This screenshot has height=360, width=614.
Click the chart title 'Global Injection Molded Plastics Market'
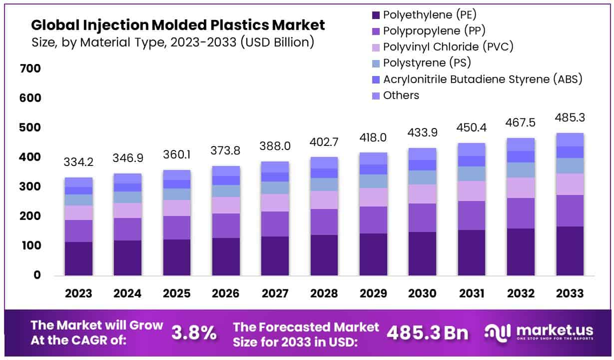(x=178, y=25)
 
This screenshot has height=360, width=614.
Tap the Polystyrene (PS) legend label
(x=427, y=63)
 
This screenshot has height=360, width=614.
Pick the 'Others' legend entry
(x=401, y=95)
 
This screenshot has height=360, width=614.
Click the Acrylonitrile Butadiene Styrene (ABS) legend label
(x=483, y=79)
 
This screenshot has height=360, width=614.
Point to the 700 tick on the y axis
(x=30, y=68)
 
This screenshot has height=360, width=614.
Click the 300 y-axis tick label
(x=30, y=187)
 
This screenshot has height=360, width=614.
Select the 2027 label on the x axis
(x=275, y=293)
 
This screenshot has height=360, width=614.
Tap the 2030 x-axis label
(x=422, y=293)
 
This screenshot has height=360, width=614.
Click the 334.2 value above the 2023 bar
(x=78, y=162)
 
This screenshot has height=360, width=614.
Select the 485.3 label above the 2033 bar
(x=570, y=118)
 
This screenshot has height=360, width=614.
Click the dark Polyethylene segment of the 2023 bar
(x=78, y=258)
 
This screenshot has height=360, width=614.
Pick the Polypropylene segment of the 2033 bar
(x=570, y=210)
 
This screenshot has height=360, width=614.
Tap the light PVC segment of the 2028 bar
(x=324, y=199)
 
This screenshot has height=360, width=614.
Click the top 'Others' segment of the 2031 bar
(x=472, y=149)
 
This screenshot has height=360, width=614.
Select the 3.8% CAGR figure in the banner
(x=194, y=332)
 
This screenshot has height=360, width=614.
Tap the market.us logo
(x=540, y=332)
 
